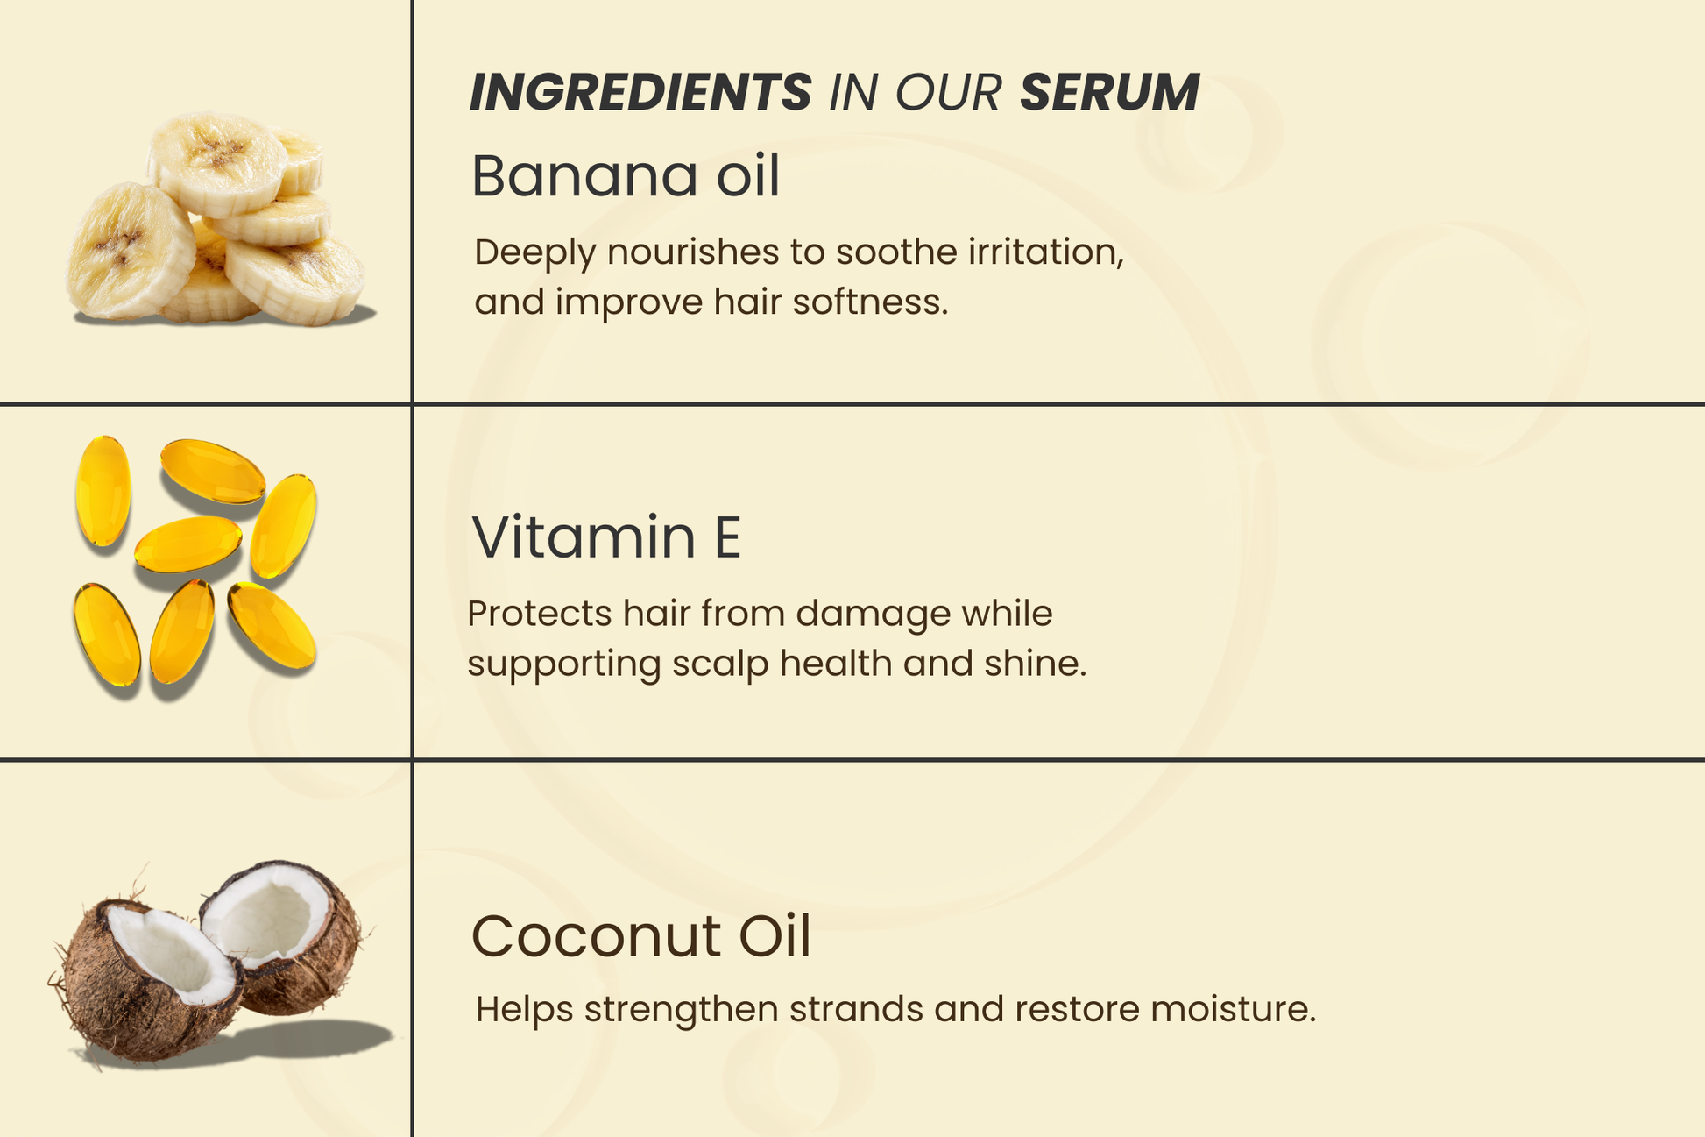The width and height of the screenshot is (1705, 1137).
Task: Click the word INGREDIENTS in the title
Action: pos(640,92)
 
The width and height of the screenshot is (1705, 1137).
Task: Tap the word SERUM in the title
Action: pos(1109,92)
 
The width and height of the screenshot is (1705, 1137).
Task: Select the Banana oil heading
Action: pos(626,176)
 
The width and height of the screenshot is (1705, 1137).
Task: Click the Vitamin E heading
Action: pos(606,537)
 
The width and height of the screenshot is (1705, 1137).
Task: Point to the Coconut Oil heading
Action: pos(641,936)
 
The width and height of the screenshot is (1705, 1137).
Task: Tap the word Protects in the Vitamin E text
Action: pos(540,614)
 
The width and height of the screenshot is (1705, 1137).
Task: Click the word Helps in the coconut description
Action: pos(524,1009)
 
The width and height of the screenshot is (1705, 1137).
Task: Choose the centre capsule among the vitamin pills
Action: pos(187,544)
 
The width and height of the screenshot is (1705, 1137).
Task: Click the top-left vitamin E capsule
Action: pos(103,490)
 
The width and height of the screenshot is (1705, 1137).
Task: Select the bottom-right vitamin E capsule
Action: pos(272,625)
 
